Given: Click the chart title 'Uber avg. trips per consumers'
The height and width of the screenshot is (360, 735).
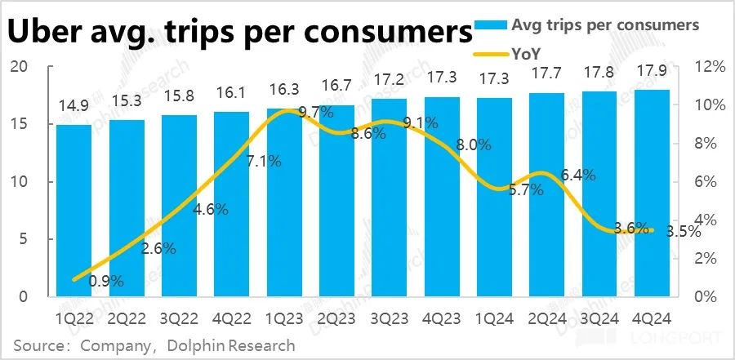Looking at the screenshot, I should [x=242, y=33].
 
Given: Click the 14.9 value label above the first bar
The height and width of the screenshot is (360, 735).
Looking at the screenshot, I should [x=73, y=108].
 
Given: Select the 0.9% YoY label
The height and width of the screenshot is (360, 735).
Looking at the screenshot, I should [x=106, y=281].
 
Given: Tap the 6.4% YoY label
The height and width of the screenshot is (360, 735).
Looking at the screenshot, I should [x=578, y=176].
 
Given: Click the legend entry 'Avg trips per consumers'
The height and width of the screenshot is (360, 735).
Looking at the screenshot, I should [x=604, y=24].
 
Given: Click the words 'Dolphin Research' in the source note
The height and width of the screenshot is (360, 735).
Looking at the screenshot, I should [x=232, y=344].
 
